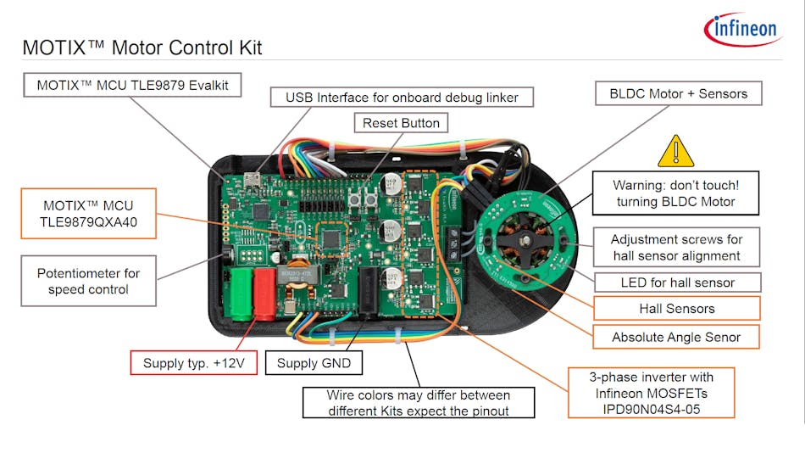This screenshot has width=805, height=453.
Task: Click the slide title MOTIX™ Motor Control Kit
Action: coord(142,48)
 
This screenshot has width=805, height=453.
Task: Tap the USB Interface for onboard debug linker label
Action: coord(402,98)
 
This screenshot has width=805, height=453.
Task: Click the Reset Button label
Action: coord(401,123)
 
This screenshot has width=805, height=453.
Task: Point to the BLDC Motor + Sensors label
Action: coord(678,93)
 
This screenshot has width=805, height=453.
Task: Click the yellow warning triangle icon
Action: coord(675,152)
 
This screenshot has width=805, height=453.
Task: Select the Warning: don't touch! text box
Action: coord(675,193)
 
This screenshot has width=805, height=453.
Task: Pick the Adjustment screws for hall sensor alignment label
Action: coord(675,248)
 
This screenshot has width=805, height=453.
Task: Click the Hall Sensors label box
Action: coord(676,309)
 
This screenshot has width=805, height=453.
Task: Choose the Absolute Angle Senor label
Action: coord(676,337)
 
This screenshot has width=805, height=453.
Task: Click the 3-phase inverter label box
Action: coord(652,392)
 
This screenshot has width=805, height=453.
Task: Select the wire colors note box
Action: coord(419,402)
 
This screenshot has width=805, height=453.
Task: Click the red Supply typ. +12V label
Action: coord(192,363)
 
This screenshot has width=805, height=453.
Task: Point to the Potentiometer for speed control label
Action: coord(89,281)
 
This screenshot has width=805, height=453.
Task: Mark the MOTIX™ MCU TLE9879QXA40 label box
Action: coord(88,213)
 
